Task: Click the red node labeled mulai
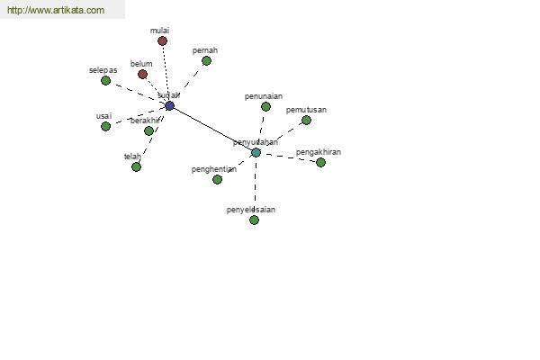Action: [x=162, y=40]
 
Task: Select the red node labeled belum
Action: [x=142, y=74]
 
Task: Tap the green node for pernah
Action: [x=206, y=61]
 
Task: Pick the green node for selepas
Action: [x=106, y=80]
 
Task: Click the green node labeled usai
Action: [x=105, y=126]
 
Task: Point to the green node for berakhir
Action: [x=148, y=130]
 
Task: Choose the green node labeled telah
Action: [x=136, y=166]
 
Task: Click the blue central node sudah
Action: [x=169, y=105]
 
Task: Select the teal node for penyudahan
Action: [x=256, y=153]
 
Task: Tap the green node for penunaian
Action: [x=265, y=106]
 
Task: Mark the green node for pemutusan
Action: [x=306, y=121]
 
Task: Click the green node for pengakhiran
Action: [x=320, y=162]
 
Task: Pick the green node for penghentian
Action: [x=217, y=179]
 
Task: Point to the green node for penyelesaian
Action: [x=254, y=220]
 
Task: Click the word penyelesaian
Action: [x=251, y=210]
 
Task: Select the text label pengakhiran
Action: [x=319, y=152]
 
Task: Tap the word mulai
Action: [x=160, y=31]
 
